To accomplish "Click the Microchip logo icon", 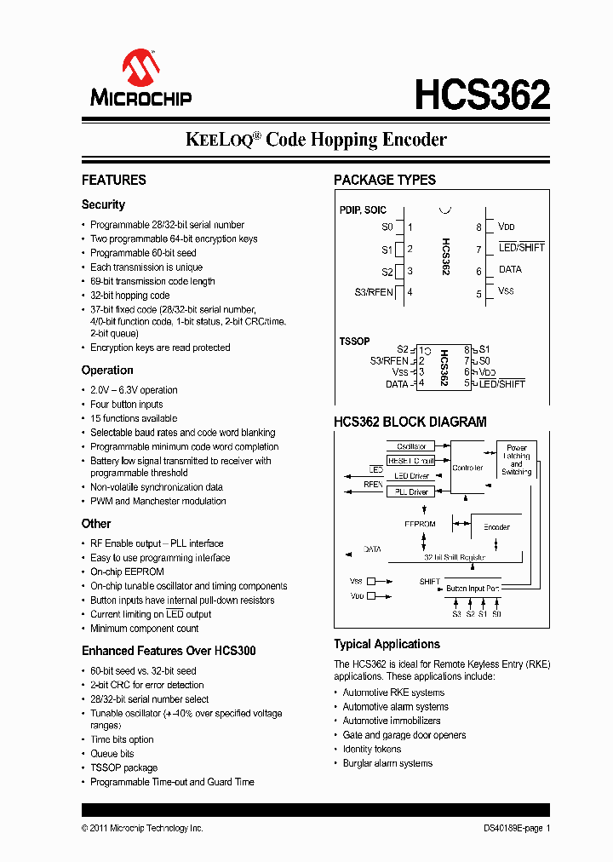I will click(x=140, y=67).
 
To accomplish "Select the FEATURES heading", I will click(x=113, y=180).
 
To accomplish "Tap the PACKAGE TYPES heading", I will click(x=384, y=180).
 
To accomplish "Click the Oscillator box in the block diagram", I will click(x=411, y=446).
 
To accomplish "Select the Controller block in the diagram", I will click(x=467, y=468).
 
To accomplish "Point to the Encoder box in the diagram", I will click(x=496, y=526).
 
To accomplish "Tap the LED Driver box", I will click(x=411, y=476).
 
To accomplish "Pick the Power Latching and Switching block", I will click(x=516, y=460).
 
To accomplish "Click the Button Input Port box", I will click(x=473, y=589).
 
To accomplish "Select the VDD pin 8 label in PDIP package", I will click(x=507, y=227).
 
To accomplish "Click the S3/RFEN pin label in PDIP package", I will click(x=374, y=292).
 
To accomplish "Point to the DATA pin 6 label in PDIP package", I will click(x=510, y=270).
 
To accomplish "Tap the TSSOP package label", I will click(x=354, y=342).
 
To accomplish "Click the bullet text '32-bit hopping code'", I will click(x=130, y=296).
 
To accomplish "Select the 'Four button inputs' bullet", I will click(x=127, y=405).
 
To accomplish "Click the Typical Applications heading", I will click(x=387, y=645).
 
